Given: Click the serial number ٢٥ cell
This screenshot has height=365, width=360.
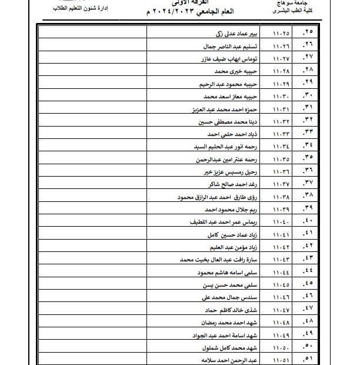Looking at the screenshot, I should click(x=308, y=31).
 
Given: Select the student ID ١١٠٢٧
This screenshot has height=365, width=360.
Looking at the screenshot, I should click(x=283, y=58).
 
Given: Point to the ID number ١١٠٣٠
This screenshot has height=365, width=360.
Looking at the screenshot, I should click(x=283, y=96).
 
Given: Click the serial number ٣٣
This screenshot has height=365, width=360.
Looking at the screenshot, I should click(x=308, y=134).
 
